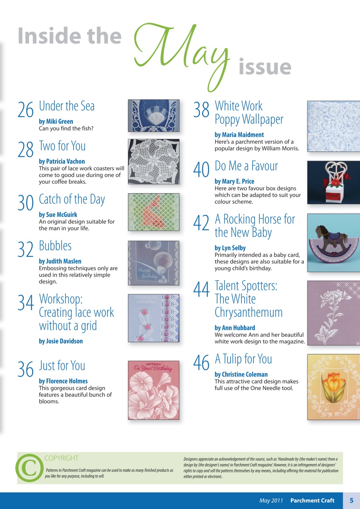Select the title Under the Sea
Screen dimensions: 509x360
click(x=67, y=106)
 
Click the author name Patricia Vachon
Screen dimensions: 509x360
click(x=62, y=161)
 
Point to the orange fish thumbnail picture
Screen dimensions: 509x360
click(x=154, y=212)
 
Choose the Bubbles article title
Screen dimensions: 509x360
click(x=55, y=246)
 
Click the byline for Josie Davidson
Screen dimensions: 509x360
click(x=61, y=341)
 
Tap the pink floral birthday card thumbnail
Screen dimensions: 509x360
click(x=154, y=390)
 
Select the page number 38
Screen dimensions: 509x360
click(x=201, y=110)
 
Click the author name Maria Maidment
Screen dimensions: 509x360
click(x=239, y=135)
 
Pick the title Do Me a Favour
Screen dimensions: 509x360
click(x=246, y=166)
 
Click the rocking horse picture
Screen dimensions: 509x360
click(x=333, y=243)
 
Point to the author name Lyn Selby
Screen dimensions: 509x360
click(x=230, y=248)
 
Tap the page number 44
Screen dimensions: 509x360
click(x=201, y=289)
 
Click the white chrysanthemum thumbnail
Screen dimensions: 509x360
click(x=333, y=313)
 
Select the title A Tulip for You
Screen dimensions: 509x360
click(x=243, y=359)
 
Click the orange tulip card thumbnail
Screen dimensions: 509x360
click(x=333, y=387)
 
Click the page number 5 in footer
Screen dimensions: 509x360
click(x=351, y=501)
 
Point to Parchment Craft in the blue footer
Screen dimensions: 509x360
click(x=312, y=501)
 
